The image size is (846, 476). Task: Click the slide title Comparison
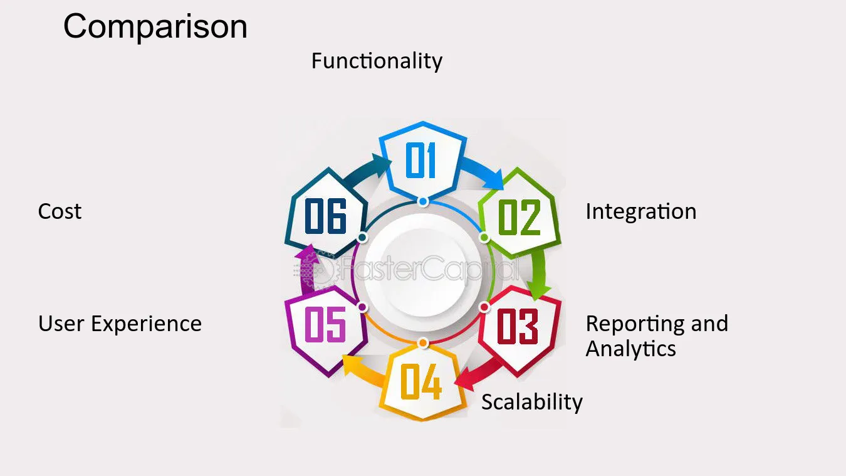click(x=155, y=27)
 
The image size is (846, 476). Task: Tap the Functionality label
click(x=377, y=61)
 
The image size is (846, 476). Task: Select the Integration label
click(x=641, y=211)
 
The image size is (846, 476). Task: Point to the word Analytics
click(x=630, y=349)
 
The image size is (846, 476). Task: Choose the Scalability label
click(x=532, y=402)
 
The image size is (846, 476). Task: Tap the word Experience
click(x=146, y=324)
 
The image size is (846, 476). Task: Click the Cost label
click(x=60, y=211)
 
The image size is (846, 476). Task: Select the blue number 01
click(x=420, y=161)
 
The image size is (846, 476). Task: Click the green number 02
click(x=520, y=218)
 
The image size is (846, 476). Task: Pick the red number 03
click(x=518, y=326)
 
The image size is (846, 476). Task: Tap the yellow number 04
click(x=420, y=382)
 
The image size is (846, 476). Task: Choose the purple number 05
click(x=325, y=324)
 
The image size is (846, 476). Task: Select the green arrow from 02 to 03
click(x=540, y=274)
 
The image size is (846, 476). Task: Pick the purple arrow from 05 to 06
click(x=308, y=269)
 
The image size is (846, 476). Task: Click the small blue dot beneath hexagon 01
click(x=423, y=201)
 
